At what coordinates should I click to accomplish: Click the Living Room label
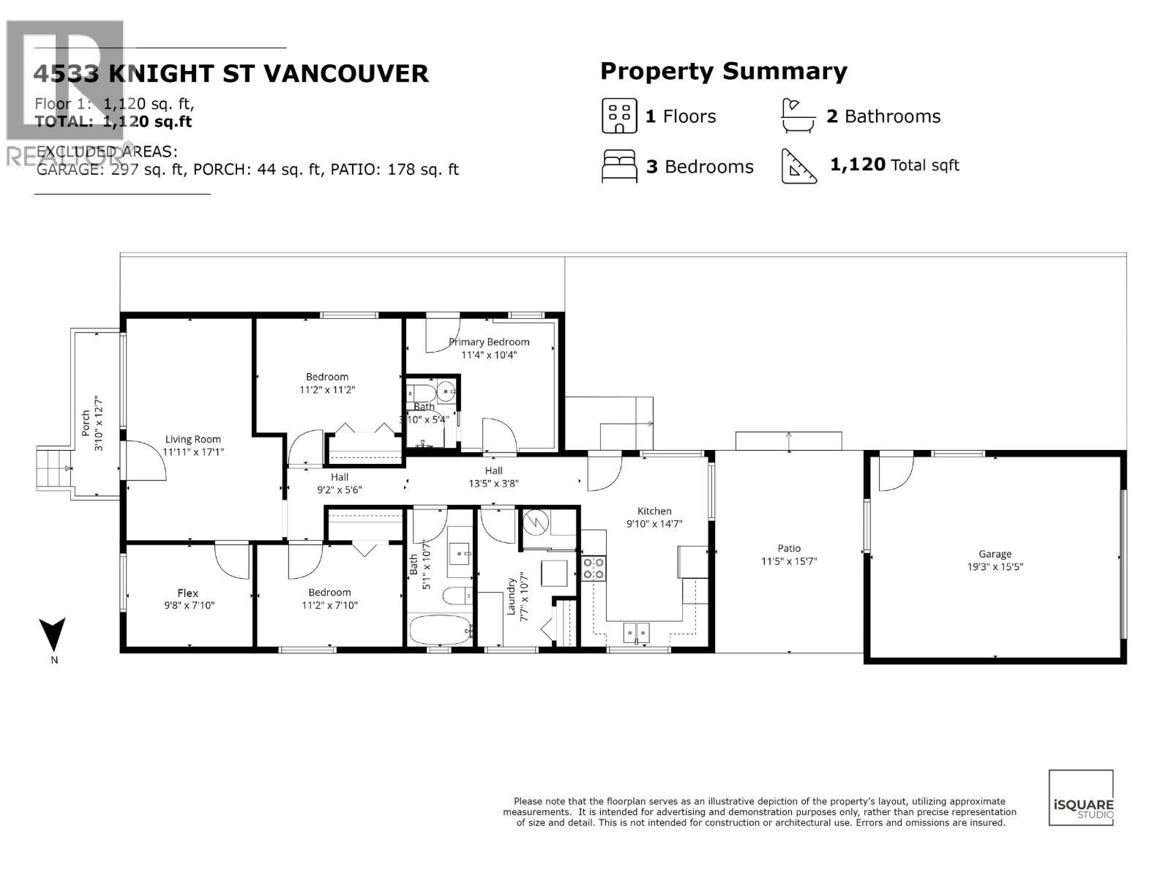point(192,439)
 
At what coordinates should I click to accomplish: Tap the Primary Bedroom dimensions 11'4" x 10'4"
point(489,355)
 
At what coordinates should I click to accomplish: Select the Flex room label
point(188,593)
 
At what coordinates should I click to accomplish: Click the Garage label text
point(995,554)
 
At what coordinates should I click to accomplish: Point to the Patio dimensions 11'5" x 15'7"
point(789,561)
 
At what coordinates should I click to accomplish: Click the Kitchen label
point(654,511)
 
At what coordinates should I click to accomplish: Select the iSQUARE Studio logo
point(1081,798)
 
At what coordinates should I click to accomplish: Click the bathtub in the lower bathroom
point(439,630)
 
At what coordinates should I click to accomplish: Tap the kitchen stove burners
point(594,568)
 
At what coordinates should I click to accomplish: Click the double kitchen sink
point(636,631)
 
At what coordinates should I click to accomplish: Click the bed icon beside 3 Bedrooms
point(619,166)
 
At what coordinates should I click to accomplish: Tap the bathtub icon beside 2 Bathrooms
point(798,116)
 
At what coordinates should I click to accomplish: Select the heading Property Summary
point(723,71)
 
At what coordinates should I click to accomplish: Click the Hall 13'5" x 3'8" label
point(493,476)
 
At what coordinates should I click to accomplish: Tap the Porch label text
point(86,423)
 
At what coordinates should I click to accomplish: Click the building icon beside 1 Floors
point(619,116)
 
